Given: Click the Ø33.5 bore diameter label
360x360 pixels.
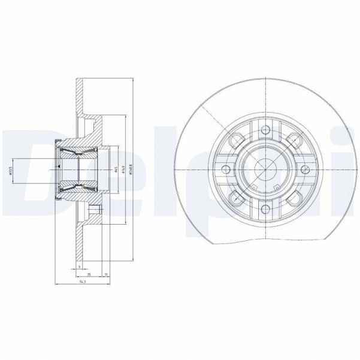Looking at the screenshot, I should pos(10,170).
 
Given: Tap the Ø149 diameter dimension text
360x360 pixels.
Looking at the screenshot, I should pos(122,170).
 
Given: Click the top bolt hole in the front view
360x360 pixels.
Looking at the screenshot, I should pos(264,129).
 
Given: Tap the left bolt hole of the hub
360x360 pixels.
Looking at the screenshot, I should pos(223,170).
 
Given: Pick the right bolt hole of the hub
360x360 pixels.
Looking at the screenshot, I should pos(304,170).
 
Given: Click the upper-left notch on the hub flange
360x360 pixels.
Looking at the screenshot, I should pos(235,141).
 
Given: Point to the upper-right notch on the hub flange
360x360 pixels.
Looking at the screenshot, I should pos(292,141).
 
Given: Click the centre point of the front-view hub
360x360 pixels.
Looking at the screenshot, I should pos(264,170).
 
